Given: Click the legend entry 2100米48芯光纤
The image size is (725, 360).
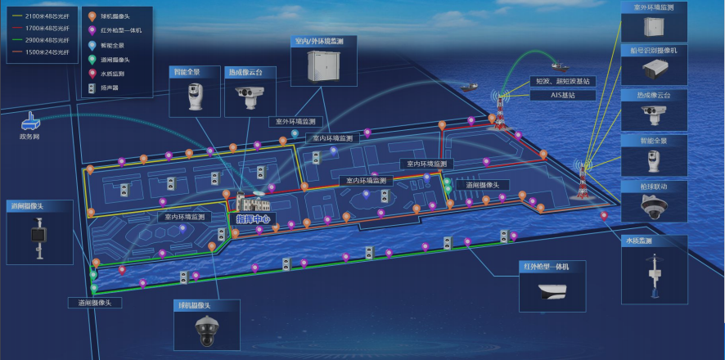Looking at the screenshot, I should click(x=44, y=16).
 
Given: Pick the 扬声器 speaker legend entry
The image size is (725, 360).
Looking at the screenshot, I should click(x=110, y=87).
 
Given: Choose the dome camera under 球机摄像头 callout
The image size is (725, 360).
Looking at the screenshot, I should click(x=207, y=331).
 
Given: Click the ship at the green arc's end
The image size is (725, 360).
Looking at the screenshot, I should click(x=560, y=67).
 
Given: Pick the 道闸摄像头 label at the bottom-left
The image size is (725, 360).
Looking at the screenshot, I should click(x=100, y=303).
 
